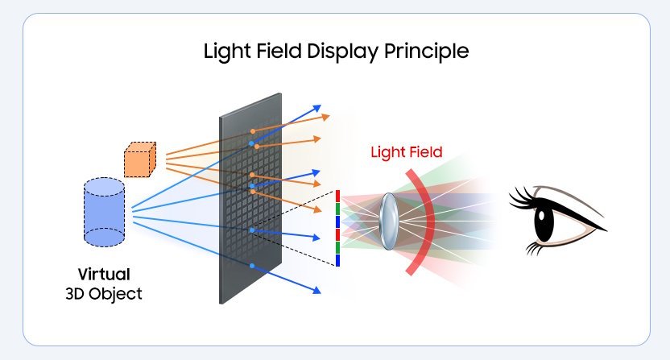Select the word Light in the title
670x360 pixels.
coord(225,52)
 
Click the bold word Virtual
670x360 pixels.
coord(104,274)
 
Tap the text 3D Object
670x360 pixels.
coord(104,294)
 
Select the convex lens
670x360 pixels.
coord(388,217)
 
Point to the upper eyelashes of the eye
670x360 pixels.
coord(524,196)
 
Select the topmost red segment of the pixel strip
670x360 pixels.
coord(338,197)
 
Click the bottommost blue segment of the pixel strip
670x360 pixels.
coord(338,260)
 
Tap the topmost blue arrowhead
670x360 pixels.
coord(316,107)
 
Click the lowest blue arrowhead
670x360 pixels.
coord(317,290)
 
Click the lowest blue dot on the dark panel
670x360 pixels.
coord(252,266)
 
